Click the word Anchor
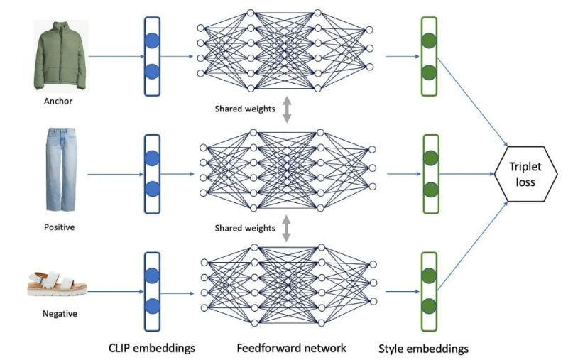tap(58, 102)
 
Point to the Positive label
tap(58, 228)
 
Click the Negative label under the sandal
tap(59, 313)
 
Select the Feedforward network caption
tap(292, 349)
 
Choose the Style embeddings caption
tap(425, 349)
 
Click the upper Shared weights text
tap(244, 109)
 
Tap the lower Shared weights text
tap(244, 228)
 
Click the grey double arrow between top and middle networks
tap(287, 109)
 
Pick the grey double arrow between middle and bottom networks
tap(287, 228)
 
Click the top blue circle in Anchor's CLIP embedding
tap(152, 40)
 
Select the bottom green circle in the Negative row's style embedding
tap(428, 307)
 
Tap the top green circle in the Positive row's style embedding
tap(428, 158)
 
